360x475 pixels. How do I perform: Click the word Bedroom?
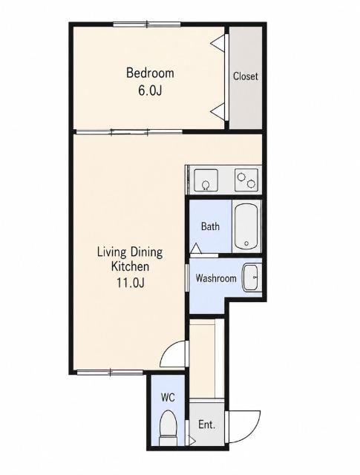pos(150,73)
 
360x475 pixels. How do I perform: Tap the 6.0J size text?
pos(150,91)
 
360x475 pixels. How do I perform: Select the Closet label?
pos(246,76)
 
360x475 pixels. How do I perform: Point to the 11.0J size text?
pos(131,282)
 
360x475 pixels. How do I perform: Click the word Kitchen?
pos(131,266)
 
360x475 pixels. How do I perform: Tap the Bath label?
pos(210,226)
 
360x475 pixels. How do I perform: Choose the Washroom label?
pos(216,278)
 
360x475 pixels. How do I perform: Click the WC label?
pos(168,397)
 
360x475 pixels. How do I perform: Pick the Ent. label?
pos(206,425)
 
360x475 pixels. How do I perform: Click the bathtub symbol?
pos(246,226)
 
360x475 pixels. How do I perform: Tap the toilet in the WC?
pos(168,427)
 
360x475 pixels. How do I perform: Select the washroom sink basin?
pos(250,278)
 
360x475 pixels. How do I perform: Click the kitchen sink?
pos(206,180)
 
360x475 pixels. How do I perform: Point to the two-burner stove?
pos(246,180)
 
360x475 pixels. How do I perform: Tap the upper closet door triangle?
pos(217,42)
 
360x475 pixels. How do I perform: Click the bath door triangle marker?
pos(196,249)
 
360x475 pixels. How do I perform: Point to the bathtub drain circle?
pos(246,243)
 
